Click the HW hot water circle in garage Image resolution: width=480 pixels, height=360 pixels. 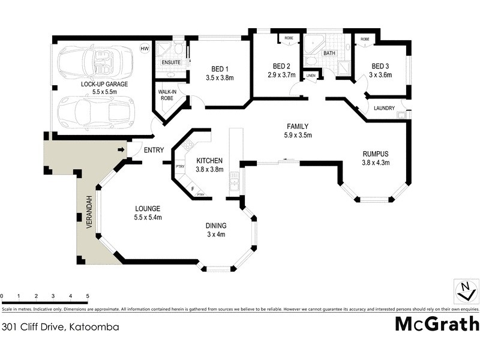pyautogui.click(x=144, y=49)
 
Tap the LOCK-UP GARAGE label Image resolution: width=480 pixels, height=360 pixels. pyautogui.click(x=104, y=85)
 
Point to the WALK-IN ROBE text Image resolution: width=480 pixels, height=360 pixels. pyautogui.click(x=166, y=94)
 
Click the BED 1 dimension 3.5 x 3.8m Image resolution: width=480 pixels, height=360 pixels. pyautogui.click(x=219, y=77)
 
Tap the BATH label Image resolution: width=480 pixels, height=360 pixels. pyautogui.click(x=329, y=53)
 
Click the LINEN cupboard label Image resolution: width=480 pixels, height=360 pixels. pyautogui.click(x=310, y=76)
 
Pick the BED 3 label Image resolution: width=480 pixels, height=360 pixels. pyautogui.click(x=380, y=66)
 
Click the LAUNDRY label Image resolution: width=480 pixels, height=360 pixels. pyautogui.click(x=383, y=108)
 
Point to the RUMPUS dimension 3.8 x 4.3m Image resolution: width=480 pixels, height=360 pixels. pyautogui.click(x=376, y=163)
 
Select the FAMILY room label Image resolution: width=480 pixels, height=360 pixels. pyautogui.click(x=297, y=126)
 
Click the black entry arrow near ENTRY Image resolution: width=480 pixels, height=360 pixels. pyautogui.click(x=121, y=149)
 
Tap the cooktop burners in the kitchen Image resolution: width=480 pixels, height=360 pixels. pyautogui.click(x=188, y=145)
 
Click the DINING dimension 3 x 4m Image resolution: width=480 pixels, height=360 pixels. pyautogui.click(x=215, y=235)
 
